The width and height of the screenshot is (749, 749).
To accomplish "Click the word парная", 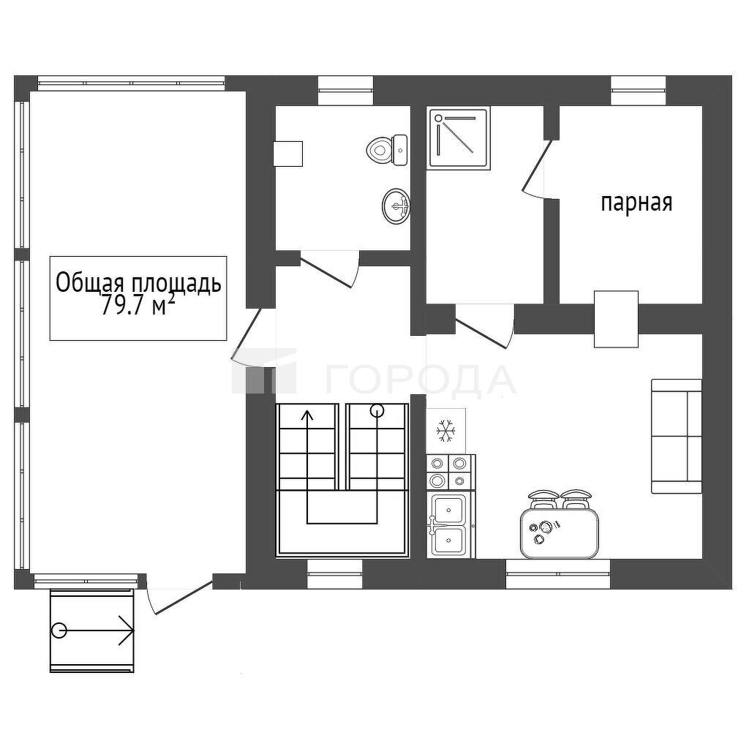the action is click(636, 203).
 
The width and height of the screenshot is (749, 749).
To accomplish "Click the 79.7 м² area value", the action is click(135, 306).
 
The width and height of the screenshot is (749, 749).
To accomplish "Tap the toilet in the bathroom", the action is click(387, 149).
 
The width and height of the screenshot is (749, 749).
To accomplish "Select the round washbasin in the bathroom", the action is click(396, 206).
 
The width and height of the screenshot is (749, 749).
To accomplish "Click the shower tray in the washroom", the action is click(459, 138).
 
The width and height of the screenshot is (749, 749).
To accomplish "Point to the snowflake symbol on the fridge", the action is click(445, 430).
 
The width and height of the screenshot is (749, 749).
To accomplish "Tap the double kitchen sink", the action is click(450, 525).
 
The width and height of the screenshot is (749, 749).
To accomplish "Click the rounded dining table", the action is click(560, 533).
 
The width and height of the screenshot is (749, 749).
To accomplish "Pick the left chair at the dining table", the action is click(543, 499).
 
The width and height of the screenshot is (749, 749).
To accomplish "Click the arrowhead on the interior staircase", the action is click(308, 415).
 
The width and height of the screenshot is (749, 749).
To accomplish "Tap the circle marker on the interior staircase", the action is click(377, 410).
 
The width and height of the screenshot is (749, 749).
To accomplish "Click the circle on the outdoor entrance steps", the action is click(59, 631).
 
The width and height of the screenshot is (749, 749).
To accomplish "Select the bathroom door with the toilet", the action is click(326, 272).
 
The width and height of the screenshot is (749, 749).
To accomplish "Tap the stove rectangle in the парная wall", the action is click(616, 319).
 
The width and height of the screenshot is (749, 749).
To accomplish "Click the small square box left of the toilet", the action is click(288, 154).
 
